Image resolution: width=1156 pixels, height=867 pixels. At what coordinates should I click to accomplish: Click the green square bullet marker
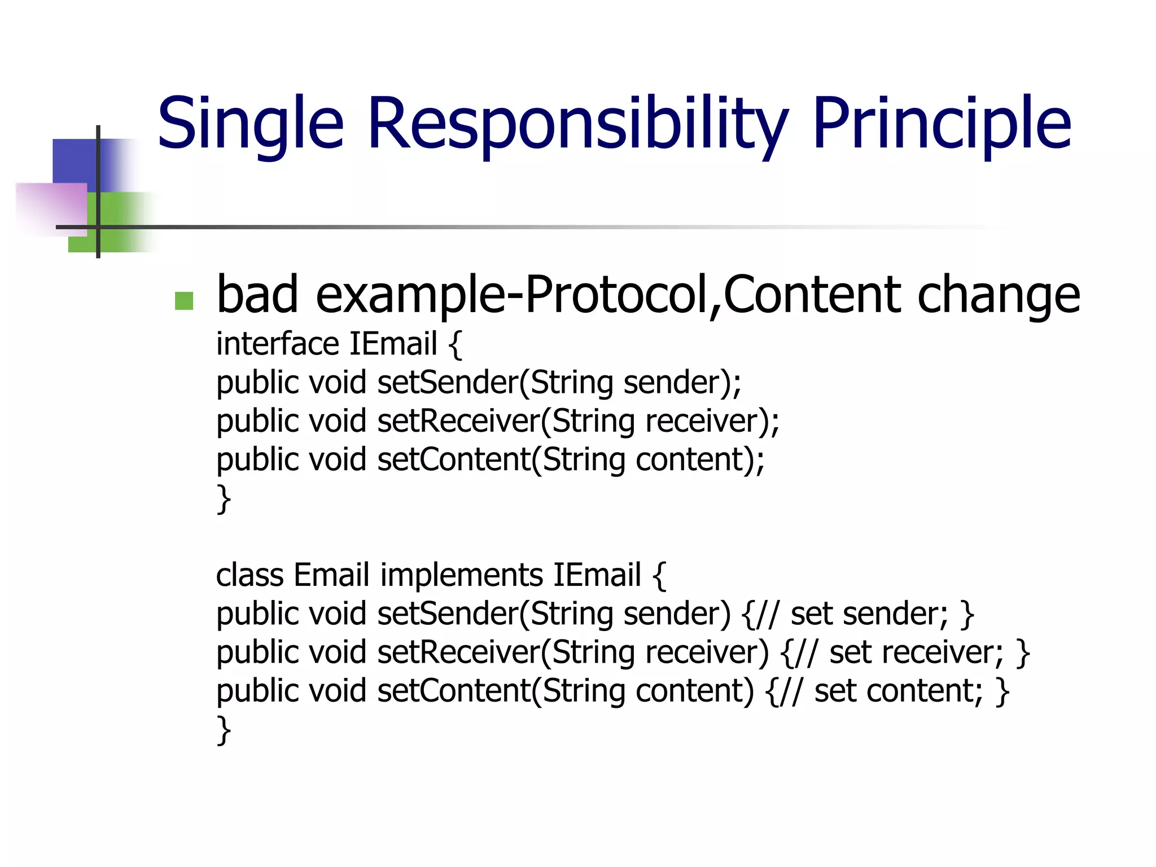coord(184,300)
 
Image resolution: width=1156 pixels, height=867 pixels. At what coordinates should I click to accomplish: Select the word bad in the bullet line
coord(257,295)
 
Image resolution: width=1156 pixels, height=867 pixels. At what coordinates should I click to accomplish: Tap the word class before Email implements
coord(249,575)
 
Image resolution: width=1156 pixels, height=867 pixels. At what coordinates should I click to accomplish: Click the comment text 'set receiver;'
coord(916,653)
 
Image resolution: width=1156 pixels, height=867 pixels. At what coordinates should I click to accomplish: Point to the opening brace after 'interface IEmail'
coord(455,345)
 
